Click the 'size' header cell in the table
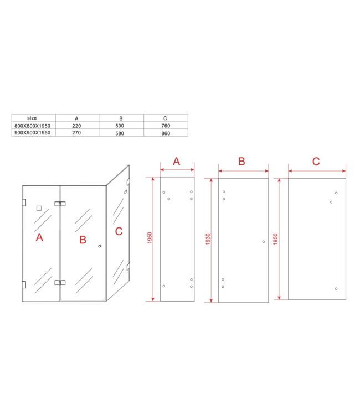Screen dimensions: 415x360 pos(32,118)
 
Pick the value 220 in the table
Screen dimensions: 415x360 pos(77,126)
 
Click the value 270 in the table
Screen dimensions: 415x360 pos(77,133)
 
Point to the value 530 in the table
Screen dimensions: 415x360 pos(121,126)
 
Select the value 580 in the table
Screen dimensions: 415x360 pos(121,133)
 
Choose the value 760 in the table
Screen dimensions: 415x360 pos(166,126)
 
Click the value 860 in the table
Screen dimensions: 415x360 pos(166,133)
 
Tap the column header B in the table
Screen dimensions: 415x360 pos(121,118)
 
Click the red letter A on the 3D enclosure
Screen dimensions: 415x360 pos(39,237)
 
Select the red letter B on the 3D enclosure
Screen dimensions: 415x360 pos(83,240)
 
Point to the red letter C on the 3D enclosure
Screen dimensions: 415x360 pos(119,231)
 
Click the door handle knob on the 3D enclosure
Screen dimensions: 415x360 pos(99,246)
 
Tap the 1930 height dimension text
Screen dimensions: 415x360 pos(208,239)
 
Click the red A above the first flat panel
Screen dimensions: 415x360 pos(177,162)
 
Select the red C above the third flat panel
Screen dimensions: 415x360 pos(316,162)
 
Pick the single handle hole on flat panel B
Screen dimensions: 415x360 pos(264,241)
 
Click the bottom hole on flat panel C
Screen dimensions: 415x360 pos(336,289)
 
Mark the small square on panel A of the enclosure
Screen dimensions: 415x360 pos(38,209)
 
